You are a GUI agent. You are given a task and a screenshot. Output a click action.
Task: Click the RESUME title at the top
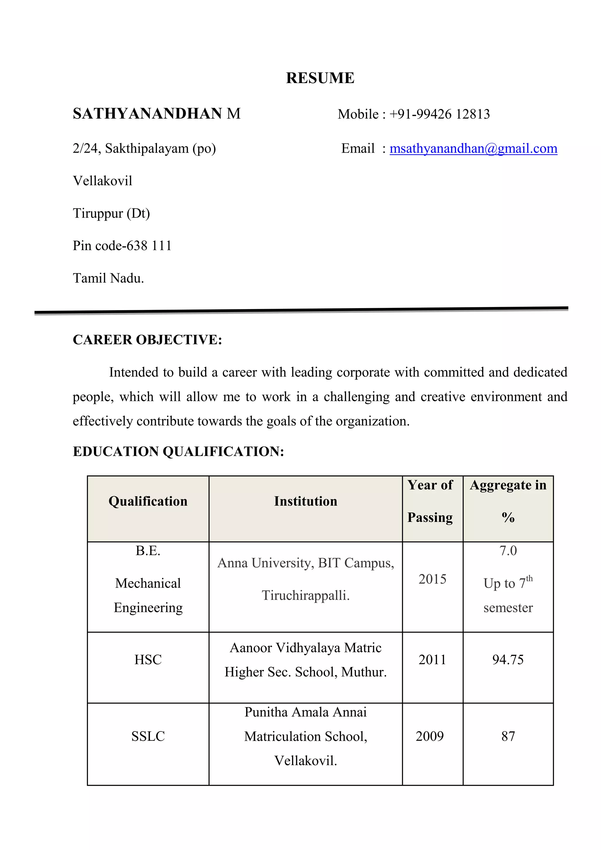click(320, 78)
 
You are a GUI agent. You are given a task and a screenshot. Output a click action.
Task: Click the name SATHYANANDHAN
click(147, 114)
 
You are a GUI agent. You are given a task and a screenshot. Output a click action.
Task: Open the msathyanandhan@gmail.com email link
click(473, 149)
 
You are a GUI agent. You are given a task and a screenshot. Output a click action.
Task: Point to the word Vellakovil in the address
click(102, 181)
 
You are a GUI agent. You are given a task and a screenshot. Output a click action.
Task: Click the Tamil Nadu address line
click(108, 278)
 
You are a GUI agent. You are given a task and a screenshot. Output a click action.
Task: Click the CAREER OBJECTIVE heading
click(147, 340)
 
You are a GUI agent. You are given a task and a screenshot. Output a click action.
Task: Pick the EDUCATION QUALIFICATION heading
click(178, 452)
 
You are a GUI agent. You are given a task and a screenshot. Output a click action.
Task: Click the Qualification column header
click(148, 501)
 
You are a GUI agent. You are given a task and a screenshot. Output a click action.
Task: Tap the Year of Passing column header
click(430, 501)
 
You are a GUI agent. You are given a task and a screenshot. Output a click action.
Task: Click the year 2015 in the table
click(432, 579)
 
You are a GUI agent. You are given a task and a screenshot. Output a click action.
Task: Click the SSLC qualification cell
click(148, 736)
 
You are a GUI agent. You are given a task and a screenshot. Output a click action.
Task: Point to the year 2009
click(429, 736)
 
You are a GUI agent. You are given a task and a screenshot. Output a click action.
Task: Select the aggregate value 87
click(508, 736)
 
